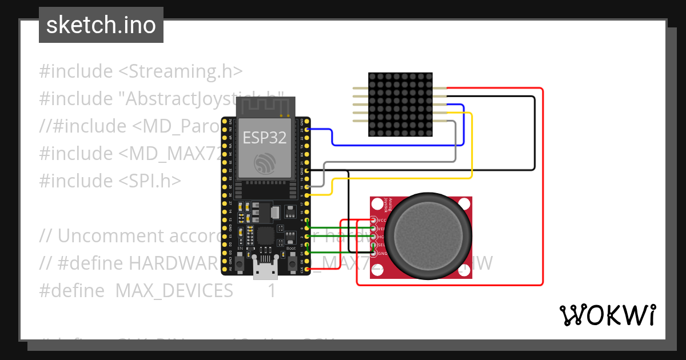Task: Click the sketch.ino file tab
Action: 101,25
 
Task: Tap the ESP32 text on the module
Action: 265,138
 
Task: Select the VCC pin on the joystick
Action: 374,220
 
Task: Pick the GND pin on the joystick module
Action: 374,253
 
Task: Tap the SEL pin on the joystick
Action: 374,245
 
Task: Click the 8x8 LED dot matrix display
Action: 400,105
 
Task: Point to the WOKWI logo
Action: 607,315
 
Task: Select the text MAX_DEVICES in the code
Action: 174,291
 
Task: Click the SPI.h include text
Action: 150,181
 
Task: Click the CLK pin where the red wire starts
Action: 308,269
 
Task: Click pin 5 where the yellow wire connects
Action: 308,195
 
